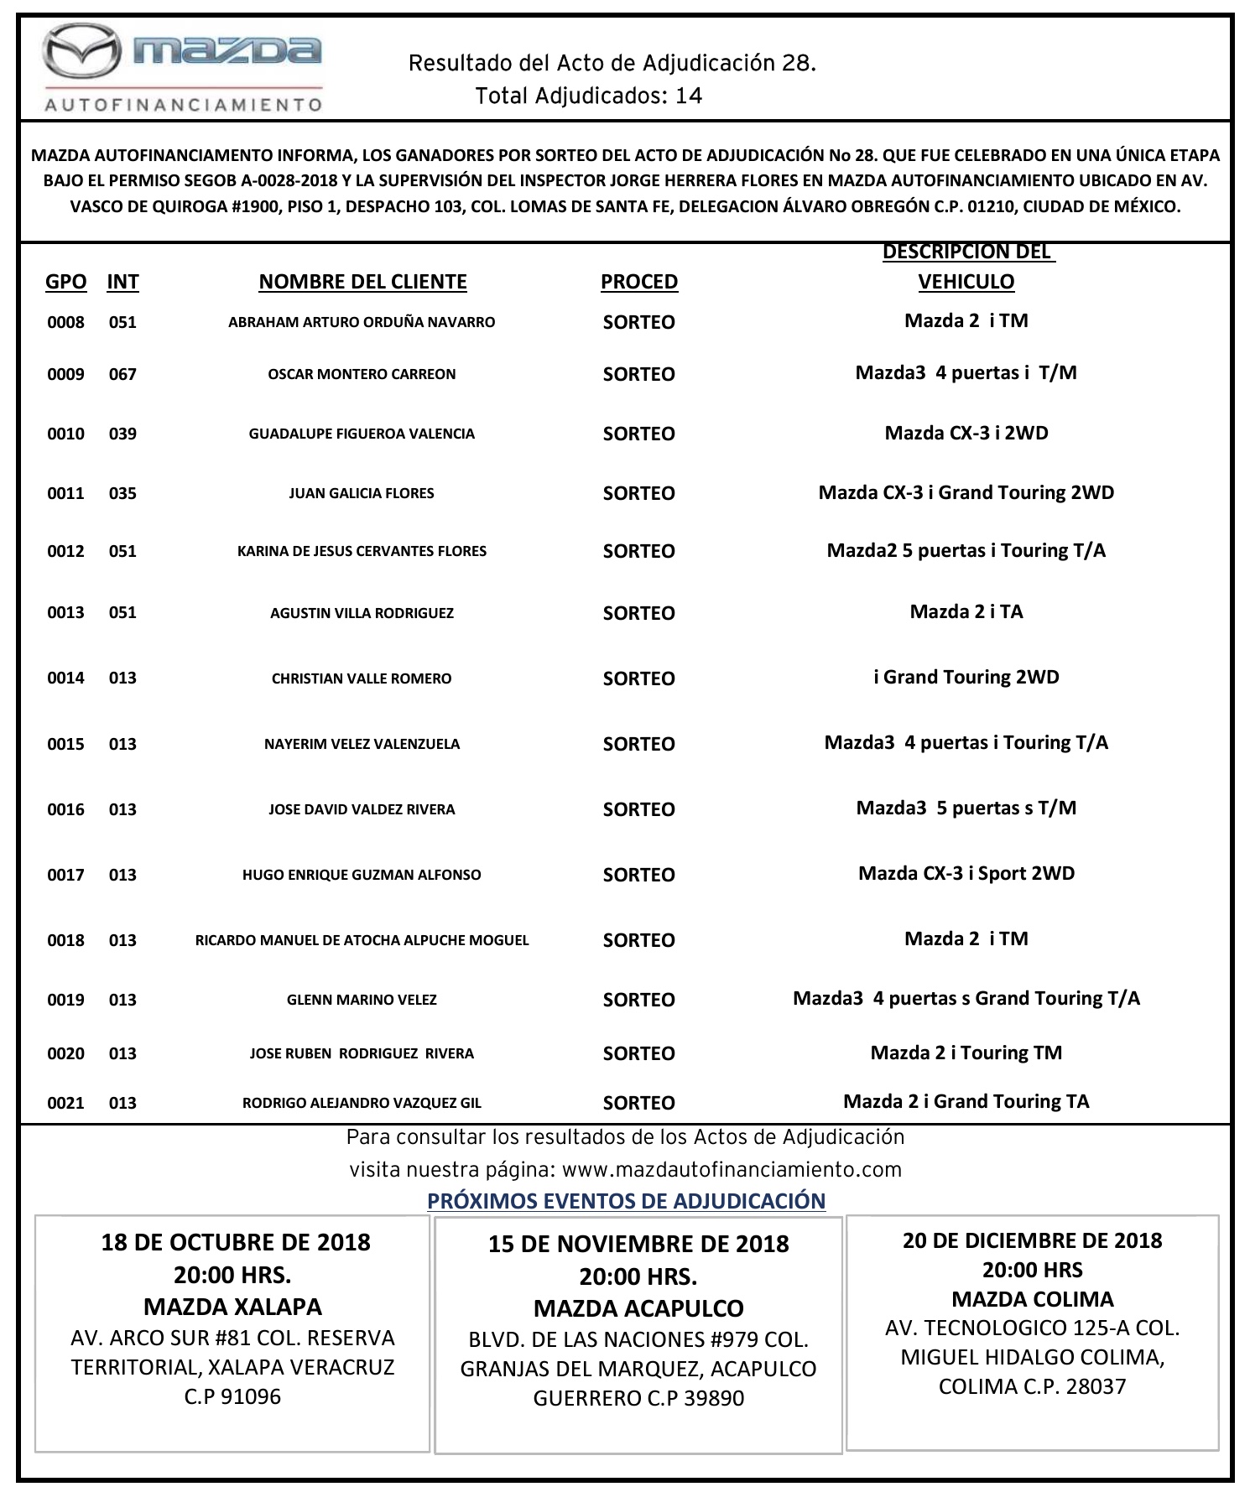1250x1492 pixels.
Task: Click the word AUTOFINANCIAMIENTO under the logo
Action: coord(183,105)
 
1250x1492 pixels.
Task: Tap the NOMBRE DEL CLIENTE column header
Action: coord(362,282)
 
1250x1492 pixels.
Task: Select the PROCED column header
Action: coord(638,282)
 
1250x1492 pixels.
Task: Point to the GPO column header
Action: coord(66,282)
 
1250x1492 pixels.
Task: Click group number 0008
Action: coord(65,322)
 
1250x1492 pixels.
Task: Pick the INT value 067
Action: coord(122,374)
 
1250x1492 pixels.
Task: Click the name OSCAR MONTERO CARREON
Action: coord(362,374)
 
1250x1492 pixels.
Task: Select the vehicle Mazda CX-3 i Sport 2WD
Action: coord(966,873)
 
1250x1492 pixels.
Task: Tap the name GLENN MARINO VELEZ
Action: coord(362,999)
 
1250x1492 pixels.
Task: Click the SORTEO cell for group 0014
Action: coord(638,678)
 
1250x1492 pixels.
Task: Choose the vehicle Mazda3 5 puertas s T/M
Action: coord(966,808)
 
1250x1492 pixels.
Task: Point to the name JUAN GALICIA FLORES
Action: coord(362,493)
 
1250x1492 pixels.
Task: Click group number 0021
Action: coord(65,1103)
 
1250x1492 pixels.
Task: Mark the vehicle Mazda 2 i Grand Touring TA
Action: coord(966,1101)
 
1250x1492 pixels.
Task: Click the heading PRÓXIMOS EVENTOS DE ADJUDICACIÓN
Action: coord(626,1200)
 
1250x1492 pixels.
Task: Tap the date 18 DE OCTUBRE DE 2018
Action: coord(236,1242)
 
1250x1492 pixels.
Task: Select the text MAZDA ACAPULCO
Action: coord(638,1308)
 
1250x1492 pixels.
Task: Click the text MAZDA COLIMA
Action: coord(1032,1299)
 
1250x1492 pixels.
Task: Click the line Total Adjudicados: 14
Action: coord(588,96)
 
